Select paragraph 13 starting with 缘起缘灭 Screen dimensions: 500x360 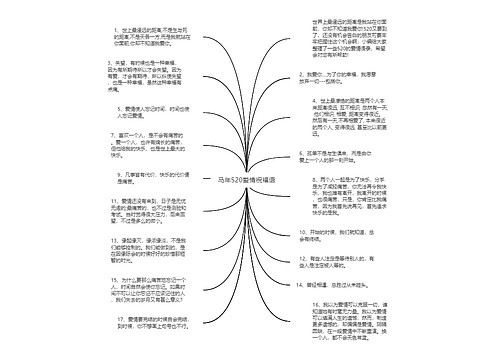(x=150, y=254)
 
